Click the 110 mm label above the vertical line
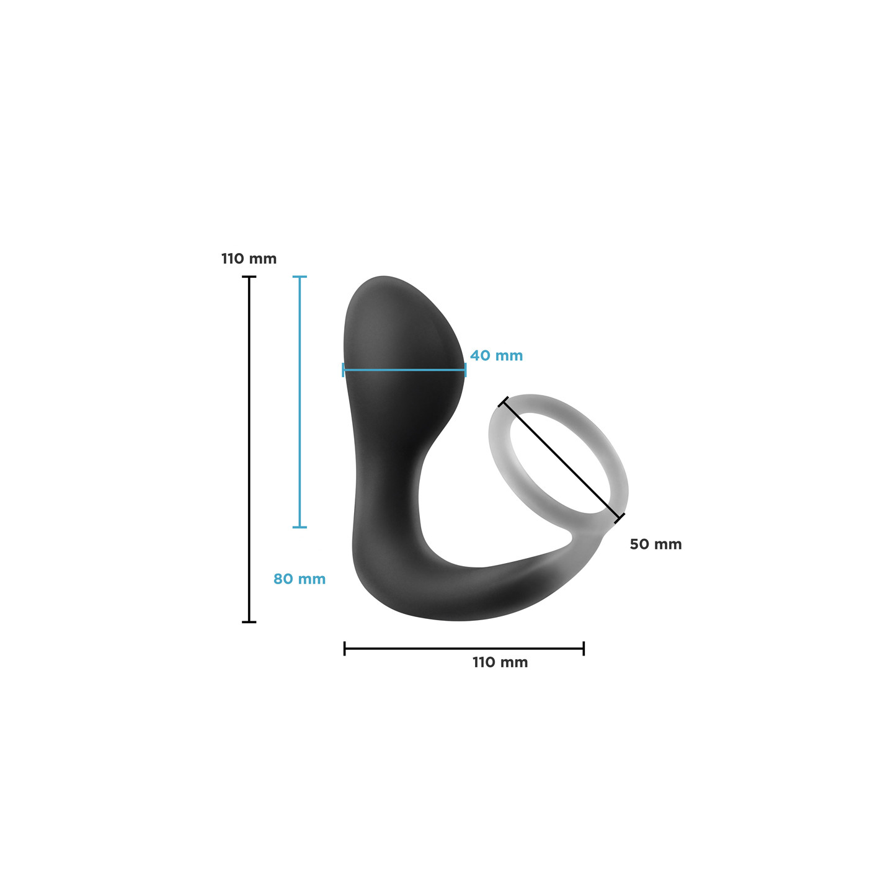click(x=249, y=259)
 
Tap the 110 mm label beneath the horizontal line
click(x=500, y=662)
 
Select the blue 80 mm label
click(x=300, y=579)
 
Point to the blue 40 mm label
click(x=496, y=355)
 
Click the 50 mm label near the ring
click(x=655, y=544)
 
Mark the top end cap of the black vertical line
click(x=249, y=277)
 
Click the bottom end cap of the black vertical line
click(x=249, y=622)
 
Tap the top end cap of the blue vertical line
click(x=300, y=277)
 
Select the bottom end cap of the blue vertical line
click(x=300, y=527)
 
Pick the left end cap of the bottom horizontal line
click(x=344, y=649)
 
